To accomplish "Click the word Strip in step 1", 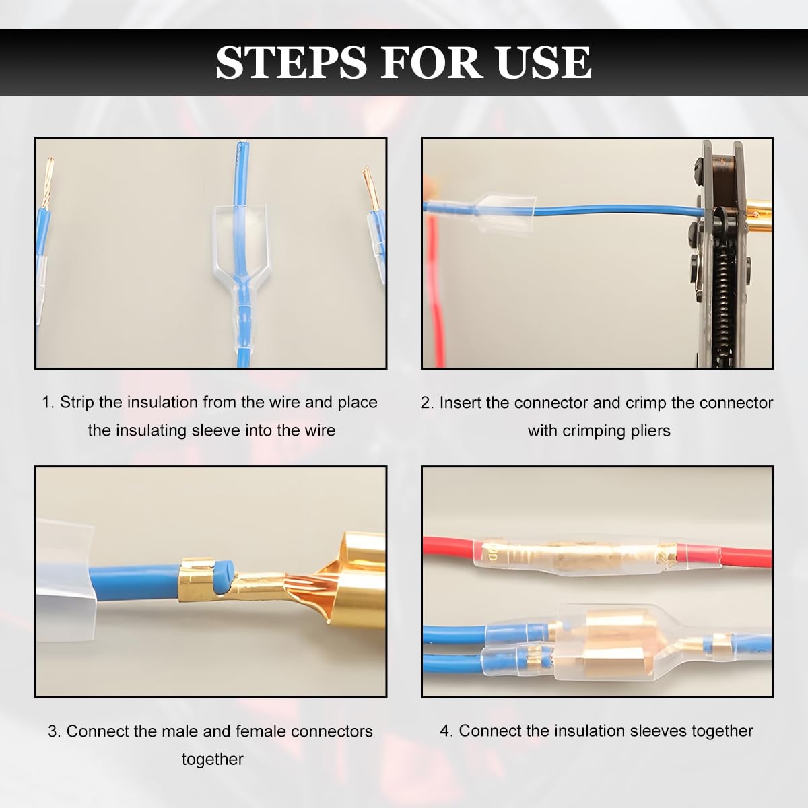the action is pyautogui.click(x=77, y=403).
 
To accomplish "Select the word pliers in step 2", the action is pyautogui.click(x=650, y=431).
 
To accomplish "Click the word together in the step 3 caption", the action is pyautogui.click(x=213, y=760).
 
